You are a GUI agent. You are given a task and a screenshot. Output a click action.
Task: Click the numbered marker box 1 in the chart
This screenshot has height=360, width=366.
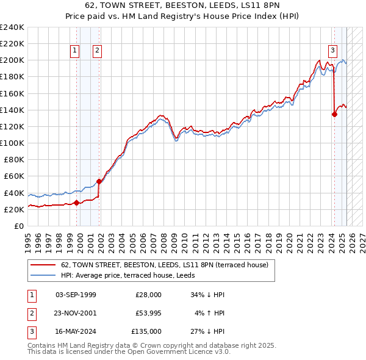click(74, 51)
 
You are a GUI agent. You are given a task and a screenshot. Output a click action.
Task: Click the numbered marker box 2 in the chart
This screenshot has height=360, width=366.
click(97, 51)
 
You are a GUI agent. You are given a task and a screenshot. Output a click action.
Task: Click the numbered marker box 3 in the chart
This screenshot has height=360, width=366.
click(332, 51)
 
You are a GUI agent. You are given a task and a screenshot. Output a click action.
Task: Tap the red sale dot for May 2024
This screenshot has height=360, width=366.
click(334, 113)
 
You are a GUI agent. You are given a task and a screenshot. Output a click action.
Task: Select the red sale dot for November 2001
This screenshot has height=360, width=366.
click(99, 181)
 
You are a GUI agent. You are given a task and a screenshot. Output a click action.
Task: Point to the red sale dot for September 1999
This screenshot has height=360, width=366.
click(76, 203)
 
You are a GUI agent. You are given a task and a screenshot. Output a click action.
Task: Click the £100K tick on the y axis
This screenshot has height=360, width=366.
click(12, 143)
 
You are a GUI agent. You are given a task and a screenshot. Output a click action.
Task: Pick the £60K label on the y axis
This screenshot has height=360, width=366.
click(14, 176)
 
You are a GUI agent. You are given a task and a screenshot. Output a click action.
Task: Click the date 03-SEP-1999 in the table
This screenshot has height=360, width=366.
click(76, 295)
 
